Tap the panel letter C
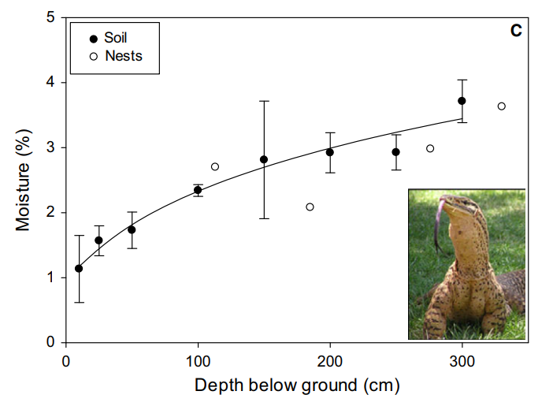click(516, 32)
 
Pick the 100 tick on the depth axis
click(198, 362)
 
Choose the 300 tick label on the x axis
click(462, 362)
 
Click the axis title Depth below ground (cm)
click(297, 386)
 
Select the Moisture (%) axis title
click(24, 180)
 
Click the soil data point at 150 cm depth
click(264, 159)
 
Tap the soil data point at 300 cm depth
click(462, 101)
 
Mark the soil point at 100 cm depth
click(198, 190)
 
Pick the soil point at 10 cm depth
click(79, 269)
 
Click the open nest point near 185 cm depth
click(310, 207)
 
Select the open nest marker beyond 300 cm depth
click(501, 106)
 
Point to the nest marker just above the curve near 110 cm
click(215, 166)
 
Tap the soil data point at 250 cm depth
click(396, 152)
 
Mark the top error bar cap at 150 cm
click(264, 101)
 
